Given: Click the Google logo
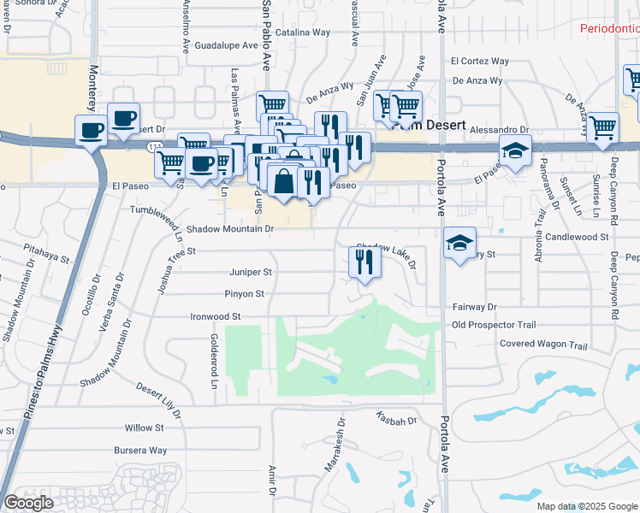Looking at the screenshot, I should point(28,503).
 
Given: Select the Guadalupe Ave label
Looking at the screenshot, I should point(226,45).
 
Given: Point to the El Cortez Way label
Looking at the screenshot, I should point(480,62).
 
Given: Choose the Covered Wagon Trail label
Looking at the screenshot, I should point(543,346).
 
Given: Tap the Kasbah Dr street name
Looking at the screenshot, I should point(395,420).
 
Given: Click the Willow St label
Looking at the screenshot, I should point(144,427).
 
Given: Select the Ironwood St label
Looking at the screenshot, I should point(216,316).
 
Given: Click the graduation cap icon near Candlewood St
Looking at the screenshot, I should point(459,243).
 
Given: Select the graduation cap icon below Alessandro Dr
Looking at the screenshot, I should point(515,150).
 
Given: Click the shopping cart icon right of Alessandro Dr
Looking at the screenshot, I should point(602,127).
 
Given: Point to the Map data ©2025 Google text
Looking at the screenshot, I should point(587,506).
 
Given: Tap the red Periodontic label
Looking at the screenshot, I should point(609,28).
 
